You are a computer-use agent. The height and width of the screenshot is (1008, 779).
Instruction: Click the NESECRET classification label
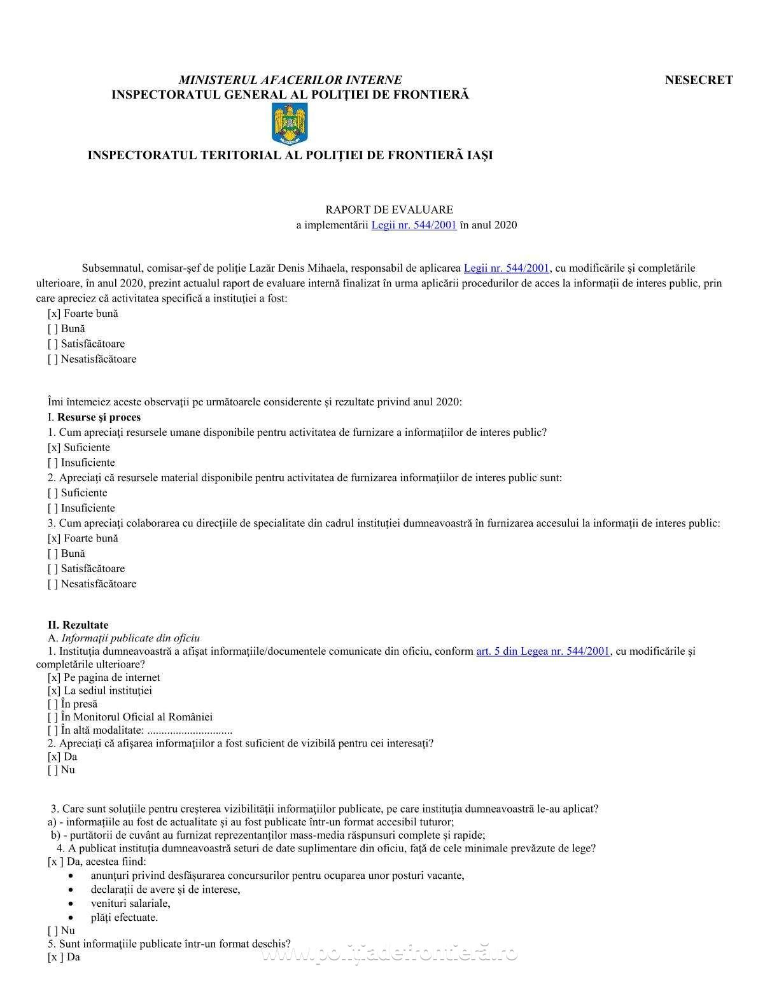tap(699, 80)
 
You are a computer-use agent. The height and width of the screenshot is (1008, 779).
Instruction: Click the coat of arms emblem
tap(290, 125)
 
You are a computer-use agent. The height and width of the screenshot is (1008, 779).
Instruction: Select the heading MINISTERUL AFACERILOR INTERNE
tap(290, 80)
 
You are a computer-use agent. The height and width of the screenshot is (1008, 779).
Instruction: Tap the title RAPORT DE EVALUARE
tap(389, 209)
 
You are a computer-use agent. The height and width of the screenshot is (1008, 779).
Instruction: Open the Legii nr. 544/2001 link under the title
tap(414, 225)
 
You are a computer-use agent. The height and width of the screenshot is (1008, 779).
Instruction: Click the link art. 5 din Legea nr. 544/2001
tap(543, 651)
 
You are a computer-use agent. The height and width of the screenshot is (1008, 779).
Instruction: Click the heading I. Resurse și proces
tap(94, 417)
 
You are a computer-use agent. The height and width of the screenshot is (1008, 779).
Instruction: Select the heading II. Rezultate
tap(78, 625)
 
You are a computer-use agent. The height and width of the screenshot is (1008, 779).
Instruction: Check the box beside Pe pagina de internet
tap(54, 678)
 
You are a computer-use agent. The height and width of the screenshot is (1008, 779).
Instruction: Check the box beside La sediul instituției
tap(54, 691)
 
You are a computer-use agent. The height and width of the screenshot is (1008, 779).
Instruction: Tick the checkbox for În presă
tap(53, 704)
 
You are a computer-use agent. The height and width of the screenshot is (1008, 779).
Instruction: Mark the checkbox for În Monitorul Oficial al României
tap(53, 717)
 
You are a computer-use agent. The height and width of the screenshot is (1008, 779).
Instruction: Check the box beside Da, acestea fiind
tap(55, 862)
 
